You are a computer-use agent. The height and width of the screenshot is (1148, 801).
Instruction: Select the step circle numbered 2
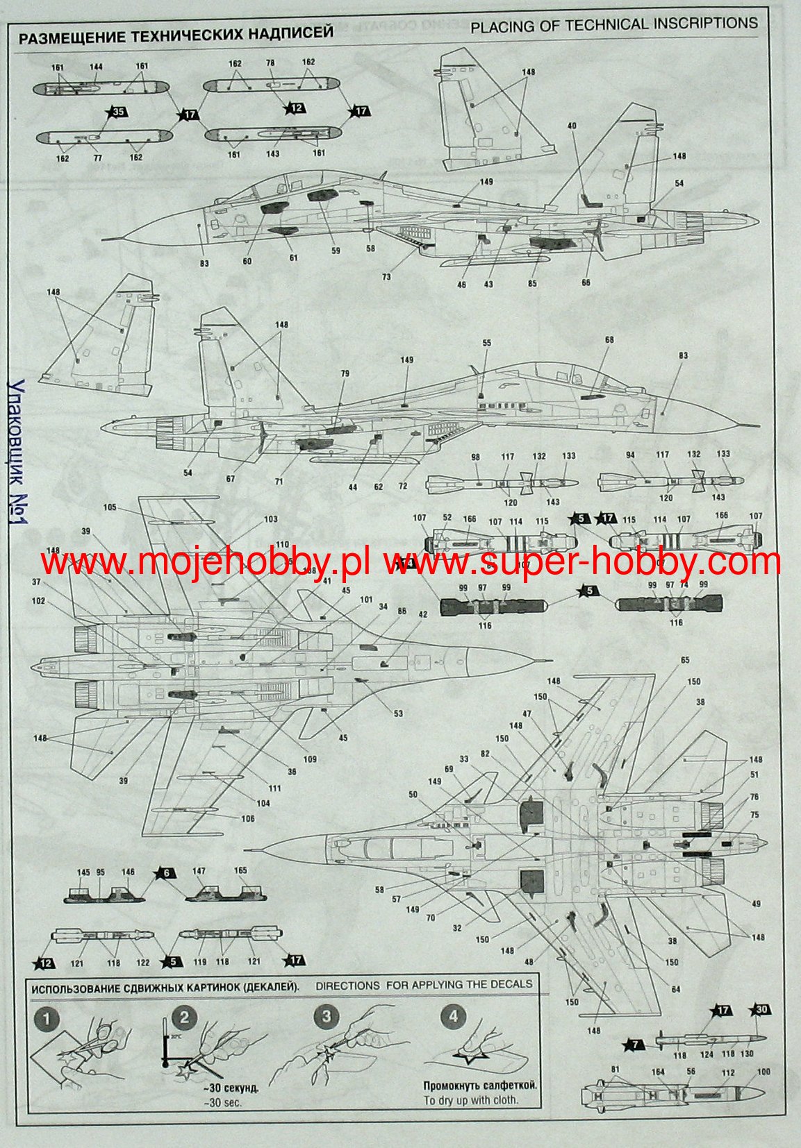[x=184, y=1018]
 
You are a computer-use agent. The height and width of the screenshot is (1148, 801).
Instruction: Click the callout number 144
[x=96, y=67]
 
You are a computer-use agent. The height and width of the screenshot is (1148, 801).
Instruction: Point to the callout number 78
[x=271, y=63]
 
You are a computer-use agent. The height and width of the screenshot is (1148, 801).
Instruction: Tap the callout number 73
[x=386, y=277]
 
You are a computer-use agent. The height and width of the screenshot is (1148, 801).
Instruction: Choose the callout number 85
[x=532, y=283]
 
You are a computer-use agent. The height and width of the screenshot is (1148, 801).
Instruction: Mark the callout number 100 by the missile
[x=763, y=1072]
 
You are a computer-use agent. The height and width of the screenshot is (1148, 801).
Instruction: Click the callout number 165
[x=240, y=870]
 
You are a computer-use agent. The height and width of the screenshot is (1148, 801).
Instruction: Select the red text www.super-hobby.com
[x=581, y=562]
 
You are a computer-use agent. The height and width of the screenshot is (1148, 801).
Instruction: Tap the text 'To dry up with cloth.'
[x=471, y=1099]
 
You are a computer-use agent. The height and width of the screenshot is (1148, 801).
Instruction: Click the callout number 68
[x=609, y=340]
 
